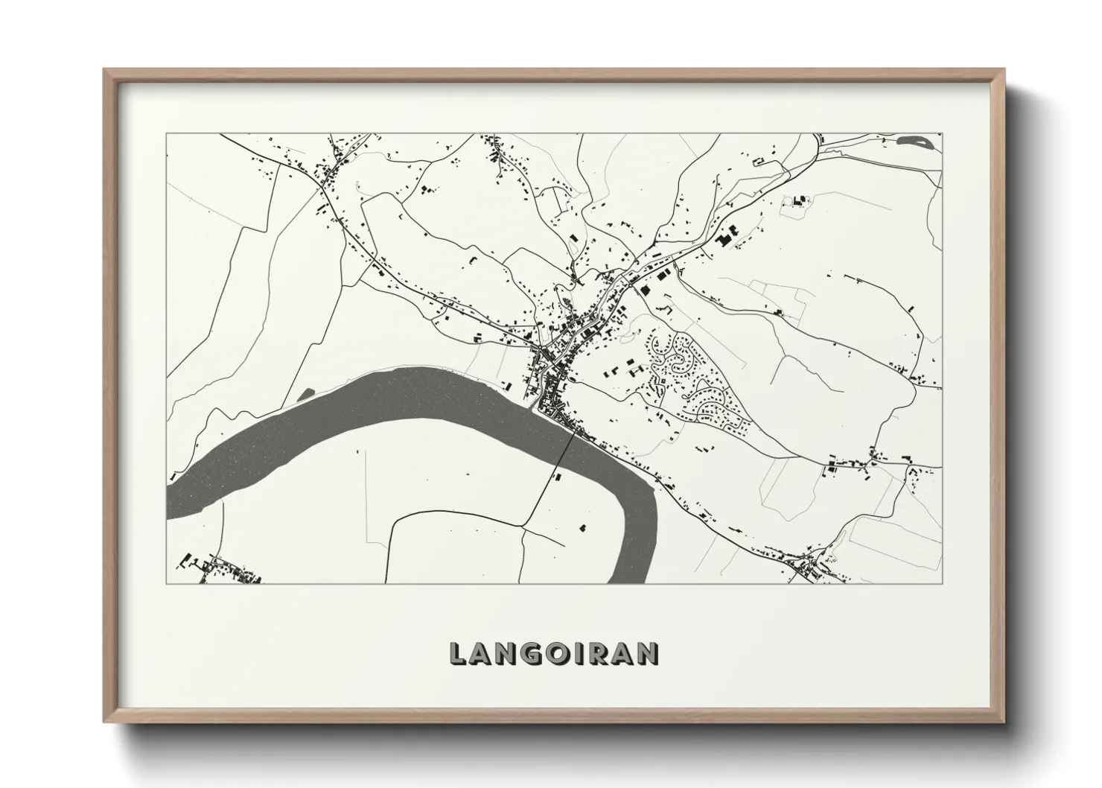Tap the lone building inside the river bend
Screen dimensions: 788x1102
(x=582, y=527)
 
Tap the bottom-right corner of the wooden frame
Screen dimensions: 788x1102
(x=1004, y=722)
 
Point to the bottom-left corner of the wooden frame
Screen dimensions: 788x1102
(x=105, y=722)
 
